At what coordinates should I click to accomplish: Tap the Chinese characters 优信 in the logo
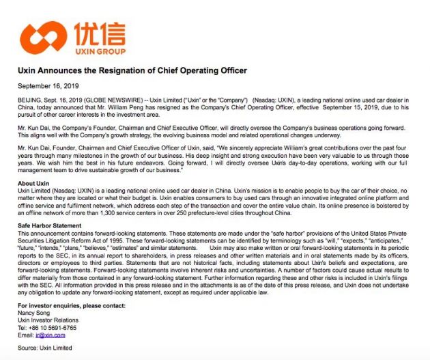pos(93,31)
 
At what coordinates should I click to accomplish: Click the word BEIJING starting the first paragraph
pos(29,100)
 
